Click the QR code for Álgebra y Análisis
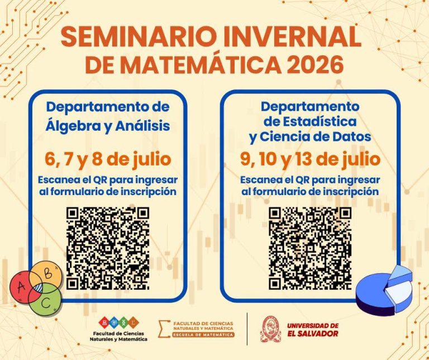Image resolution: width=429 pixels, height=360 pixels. click(108, 248)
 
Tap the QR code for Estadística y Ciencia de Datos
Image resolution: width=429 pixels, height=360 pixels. click(310, 248)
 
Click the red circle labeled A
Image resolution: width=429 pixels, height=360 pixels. click(24, 287)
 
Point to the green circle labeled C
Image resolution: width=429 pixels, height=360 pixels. click(45, 299)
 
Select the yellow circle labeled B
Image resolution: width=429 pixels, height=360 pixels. click(46, 273)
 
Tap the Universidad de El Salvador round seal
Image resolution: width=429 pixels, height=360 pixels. click(270, 329)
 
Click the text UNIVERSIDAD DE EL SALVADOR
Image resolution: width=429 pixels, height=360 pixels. click(313, 330)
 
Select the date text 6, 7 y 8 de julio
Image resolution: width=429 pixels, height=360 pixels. click(108, 159)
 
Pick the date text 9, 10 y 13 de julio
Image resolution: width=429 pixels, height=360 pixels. click(310, 159)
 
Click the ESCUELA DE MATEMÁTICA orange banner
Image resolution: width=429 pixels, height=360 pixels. click(203, 335)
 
